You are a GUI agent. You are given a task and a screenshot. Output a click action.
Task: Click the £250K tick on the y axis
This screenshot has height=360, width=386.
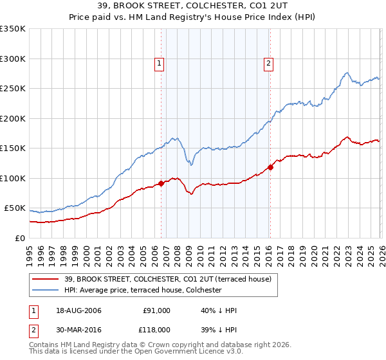13,89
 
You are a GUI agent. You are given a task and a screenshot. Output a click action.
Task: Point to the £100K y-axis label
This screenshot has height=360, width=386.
13,179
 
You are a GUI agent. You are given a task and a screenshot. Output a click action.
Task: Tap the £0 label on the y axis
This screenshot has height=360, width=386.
19,239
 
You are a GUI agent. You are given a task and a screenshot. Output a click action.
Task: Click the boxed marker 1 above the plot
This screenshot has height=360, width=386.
159,63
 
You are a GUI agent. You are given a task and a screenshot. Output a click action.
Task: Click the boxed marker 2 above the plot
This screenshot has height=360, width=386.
268,63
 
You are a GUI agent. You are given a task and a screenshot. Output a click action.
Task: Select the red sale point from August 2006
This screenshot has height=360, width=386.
161,184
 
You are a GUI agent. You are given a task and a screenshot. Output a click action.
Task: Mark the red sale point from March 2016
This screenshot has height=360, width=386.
270,168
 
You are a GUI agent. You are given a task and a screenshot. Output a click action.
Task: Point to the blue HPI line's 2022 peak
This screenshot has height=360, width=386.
347,73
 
